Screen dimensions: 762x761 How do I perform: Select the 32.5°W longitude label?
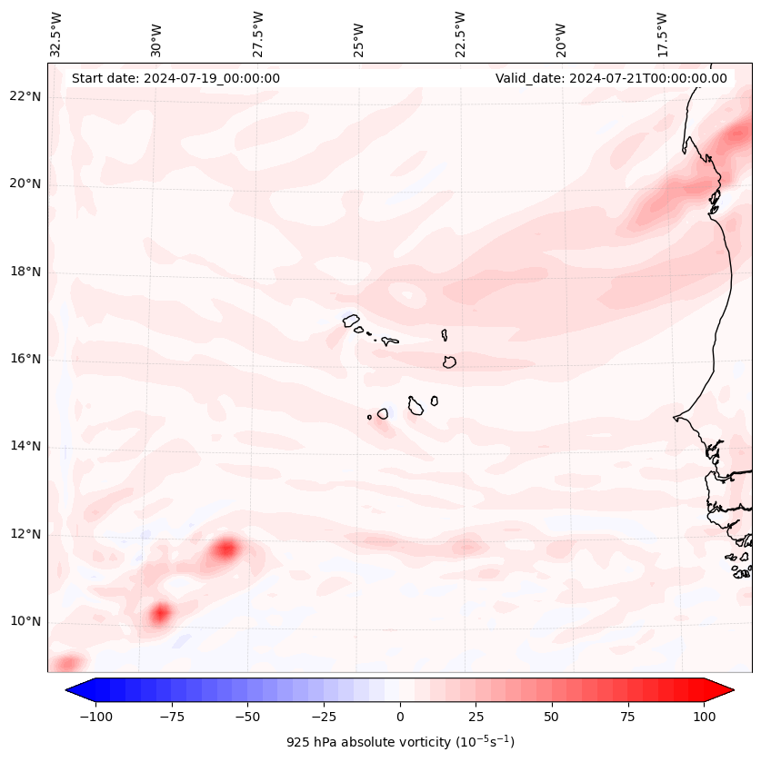click(56, 34)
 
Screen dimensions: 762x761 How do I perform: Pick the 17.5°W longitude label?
click(662, 34)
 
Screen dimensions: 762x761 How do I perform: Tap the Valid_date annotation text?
click(611, 78)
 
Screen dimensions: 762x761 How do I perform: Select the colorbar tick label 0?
click(400, 717)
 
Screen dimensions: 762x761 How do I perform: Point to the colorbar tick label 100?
click(704, 717)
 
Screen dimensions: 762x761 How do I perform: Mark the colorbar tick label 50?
click(552, 717)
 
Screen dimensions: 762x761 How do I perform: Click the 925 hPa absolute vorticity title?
click(400, 742)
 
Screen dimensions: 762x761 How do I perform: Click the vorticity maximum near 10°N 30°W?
click(160, 613)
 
